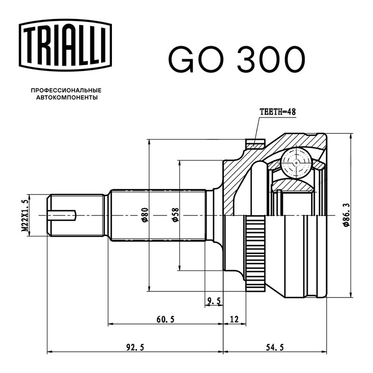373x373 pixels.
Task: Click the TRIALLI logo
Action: tap(65, 45)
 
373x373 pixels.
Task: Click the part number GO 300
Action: tap(237, 60)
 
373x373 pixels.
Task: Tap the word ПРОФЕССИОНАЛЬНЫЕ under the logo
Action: tap(66, 90)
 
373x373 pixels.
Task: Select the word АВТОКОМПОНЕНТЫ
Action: tap(67, 97)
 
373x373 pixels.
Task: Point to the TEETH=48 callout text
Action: tap(277, 112)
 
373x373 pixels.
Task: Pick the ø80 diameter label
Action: tap(145, 215)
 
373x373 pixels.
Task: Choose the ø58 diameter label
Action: tap(175, 215)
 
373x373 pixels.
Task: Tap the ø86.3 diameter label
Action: tap(346, 215)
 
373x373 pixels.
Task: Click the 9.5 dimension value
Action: tap(214, 301)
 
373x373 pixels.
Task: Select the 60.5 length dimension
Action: tap(166, 319)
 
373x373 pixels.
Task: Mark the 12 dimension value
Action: tap(235, 319)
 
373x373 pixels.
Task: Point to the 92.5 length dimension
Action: tap(135, 347)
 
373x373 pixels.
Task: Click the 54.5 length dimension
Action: tap(275, 347)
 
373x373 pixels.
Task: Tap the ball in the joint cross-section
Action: tap(296, 163)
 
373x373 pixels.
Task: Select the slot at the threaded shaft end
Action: tap(62, 215)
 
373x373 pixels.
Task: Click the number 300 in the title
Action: tap(271, 60)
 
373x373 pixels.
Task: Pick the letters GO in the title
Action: tap(196, 60)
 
